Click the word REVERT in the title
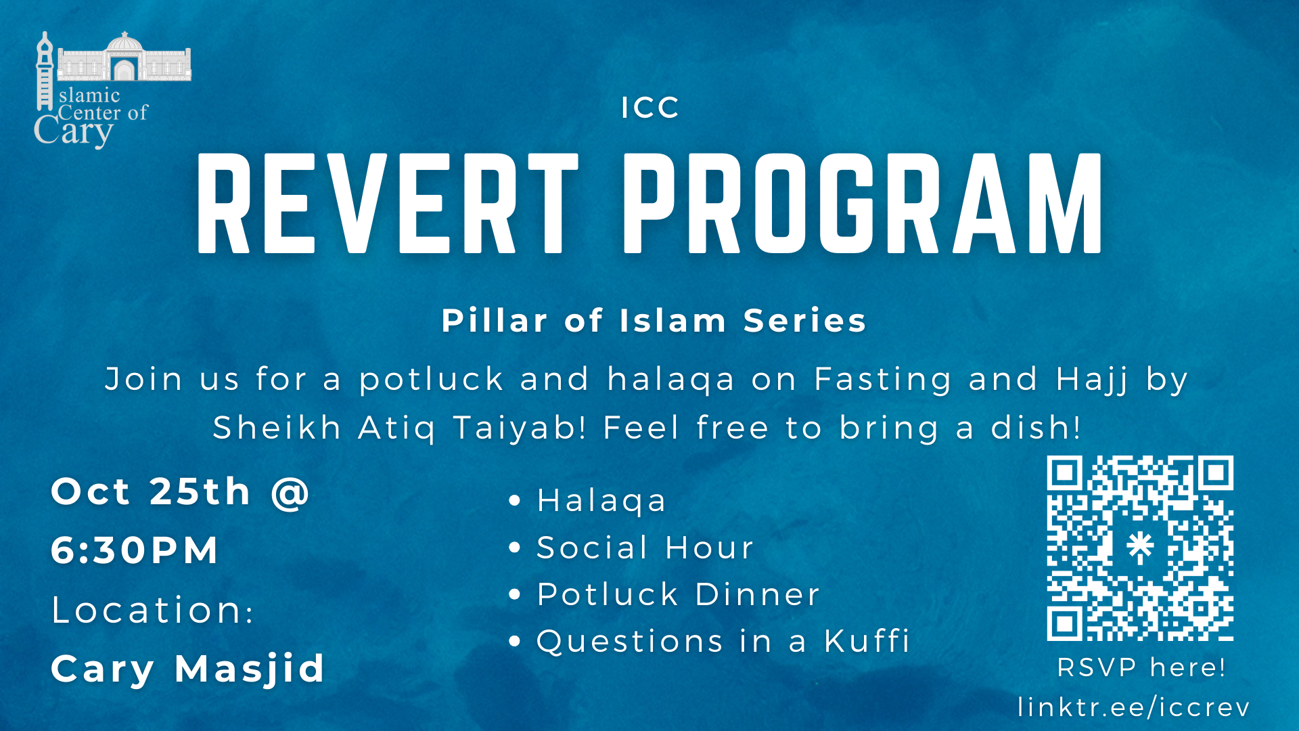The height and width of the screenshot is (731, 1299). tap(388, 203)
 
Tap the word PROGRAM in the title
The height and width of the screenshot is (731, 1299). tap(863, 203)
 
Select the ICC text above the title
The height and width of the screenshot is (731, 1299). tap(650, 108)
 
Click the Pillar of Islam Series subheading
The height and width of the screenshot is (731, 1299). tap(654, 320)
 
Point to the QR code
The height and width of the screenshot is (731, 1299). tap(1140, 548)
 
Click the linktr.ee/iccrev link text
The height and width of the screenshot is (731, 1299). tap(1134, 707)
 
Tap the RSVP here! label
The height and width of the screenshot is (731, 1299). tap(1141, 667)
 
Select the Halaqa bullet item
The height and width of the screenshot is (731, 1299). tap(601, 502)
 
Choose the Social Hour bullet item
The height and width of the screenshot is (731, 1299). tap(645, 548)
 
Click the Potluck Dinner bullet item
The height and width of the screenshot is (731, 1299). tap(678, 594)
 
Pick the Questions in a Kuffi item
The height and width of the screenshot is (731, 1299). tap(723, 641)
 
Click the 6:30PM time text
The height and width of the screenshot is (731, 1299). tap(135, 550)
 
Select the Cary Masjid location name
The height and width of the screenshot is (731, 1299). tap(188, 669)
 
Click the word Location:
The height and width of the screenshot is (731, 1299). tap(152, 610)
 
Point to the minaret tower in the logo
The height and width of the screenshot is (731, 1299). tap(45, 71)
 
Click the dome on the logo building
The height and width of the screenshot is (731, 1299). tap(124, 42)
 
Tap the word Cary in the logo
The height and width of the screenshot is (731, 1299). tap(74, 131)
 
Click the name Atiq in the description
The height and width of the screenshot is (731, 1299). tap(397, 428)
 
